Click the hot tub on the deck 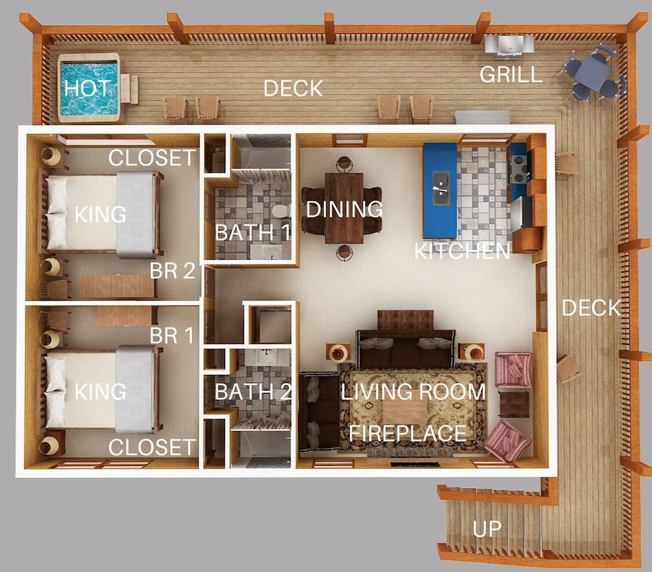[x=89, y=88]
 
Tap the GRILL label [x=510, y=75]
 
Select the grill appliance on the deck [x=509, y=44]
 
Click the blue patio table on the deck [x=592, y=74]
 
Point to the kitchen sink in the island [x=440, y=188]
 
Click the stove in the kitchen [x=519, y=168]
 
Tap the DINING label [x=344, y=209]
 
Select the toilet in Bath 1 [x=281, y=211]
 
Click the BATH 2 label [x=253, y=392]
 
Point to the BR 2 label [x=172, y=271]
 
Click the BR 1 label [x=172, y=336]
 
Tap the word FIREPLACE [x=407, y=434]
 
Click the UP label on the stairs [x=487, y=529]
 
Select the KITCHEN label [x=462, y=251]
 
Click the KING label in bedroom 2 [x=100, y=214]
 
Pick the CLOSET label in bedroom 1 [x=152, y=448]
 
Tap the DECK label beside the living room [x=591, y=308]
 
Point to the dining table [x=344, y=208]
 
